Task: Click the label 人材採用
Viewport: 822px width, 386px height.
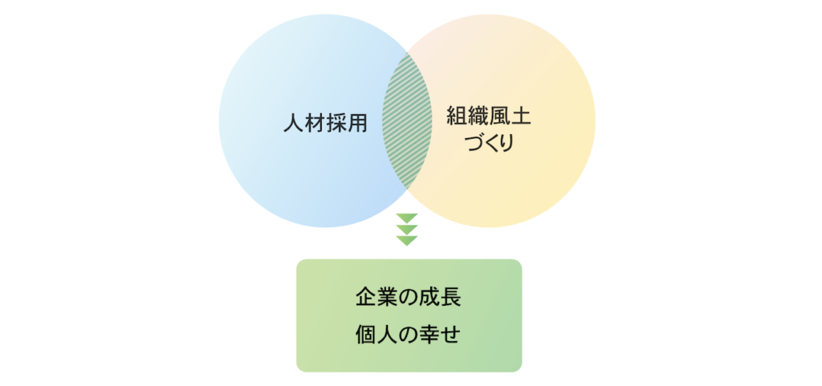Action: [x=324, y=123]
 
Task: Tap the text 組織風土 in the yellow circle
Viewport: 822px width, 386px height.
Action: [x=489, y=117]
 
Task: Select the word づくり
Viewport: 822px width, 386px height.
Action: [x=489, y=143]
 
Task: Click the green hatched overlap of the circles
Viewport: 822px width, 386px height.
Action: [x=407, y=121]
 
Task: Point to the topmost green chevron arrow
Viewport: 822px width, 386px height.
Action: [x=407, y=218]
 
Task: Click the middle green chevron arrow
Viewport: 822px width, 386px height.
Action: [x=407, y=230]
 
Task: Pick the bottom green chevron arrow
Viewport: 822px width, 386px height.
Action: [x=407, y=241]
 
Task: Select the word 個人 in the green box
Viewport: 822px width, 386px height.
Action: [x=376, y=334]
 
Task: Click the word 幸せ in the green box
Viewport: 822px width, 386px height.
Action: [x=441, y=334]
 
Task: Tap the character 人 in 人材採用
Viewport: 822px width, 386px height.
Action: [x=293, y=123]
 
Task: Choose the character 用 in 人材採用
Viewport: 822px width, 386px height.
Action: [x=356, y=123]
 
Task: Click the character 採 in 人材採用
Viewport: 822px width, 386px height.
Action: [x=336, y=123]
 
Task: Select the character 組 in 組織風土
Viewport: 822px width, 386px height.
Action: [x=457, y=117]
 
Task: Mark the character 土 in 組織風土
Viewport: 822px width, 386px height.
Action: [x=520, y=117]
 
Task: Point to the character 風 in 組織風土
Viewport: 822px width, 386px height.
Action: [x=499, y=117]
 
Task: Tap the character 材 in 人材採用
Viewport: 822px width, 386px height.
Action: [x=314, y=123]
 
